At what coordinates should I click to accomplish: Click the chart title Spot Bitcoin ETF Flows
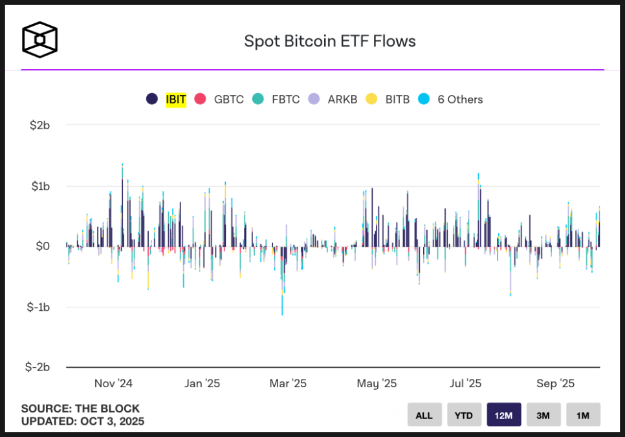click(329, 41)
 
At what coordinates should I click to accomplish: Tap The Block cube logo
click(40, 40)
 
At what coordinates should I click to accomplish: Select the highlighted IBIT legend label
click(175, 100)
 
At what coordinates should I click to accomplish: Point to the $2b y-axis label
click(39, 125)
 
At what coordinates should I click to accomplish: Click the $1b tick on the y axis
click(39, 186)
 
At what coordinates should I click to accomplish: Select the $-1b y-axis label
click(38, 307)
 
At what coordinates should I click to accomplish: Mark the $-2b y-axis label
click(38, 367)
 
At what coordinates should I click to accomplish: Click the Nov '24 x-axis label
click(113, 383)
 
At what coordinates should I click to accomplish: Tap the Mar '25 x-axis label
click(288, 383)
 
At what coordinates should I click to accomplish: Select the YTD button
click(464, 415)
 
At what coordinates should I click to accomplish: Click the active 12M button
click(503, 415)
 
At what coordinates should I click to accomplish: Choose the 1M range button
click(583, 415)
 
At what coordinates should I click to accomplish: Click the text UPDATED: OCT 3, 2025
click(83, 421)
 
